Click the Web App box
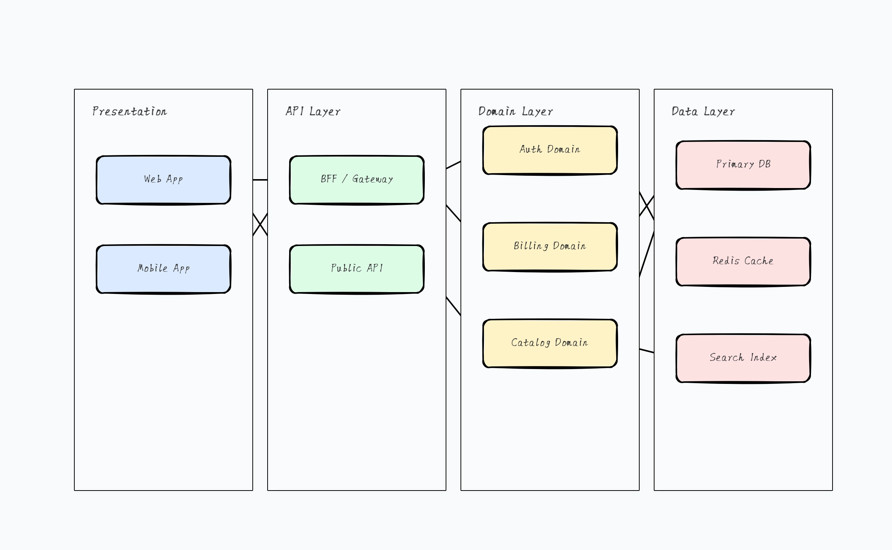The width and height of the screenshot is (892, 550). (164, 180)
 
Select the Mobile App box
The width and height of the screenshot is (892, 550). (164, 269)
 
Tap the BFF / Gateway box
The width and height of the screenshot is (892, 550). (357, 180)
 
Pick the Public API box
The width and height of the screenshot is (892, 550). (357, 269)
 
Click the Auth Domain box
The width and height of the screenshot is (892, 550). (550, 150)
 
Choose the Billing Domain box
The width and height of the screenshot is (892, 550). (550, 247)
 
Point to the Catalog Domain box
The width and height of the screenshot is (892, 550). (550, 343)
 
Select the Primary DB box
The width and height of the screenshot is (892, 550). (743, 165)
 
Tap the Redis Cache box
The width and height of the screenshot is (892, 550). (743, 262)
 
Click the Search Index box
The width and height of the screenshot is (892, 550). (743, 358)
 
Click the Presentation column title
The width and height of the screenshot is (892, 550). (130, 111)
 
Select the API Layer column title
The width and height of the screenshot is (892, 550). (313, 111)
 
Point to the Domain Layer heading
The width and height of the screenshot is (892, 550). (516, 111)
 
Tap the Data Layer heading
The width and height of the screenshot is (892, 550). (703, 111)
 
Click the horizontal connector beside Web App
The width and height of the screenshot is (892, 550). (260, 180)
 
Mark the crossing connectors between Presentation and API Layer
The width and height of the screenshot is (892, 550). (260, 224)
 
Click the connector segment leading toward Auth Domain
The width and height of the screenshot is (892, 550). (453, 165)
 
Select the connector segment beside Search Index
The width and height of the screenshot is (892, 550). (647, 351)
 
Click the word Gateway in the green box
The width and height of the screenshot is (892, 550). (372, 179)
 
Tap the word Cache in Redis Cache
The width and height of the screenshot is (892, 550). (759, 261)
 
